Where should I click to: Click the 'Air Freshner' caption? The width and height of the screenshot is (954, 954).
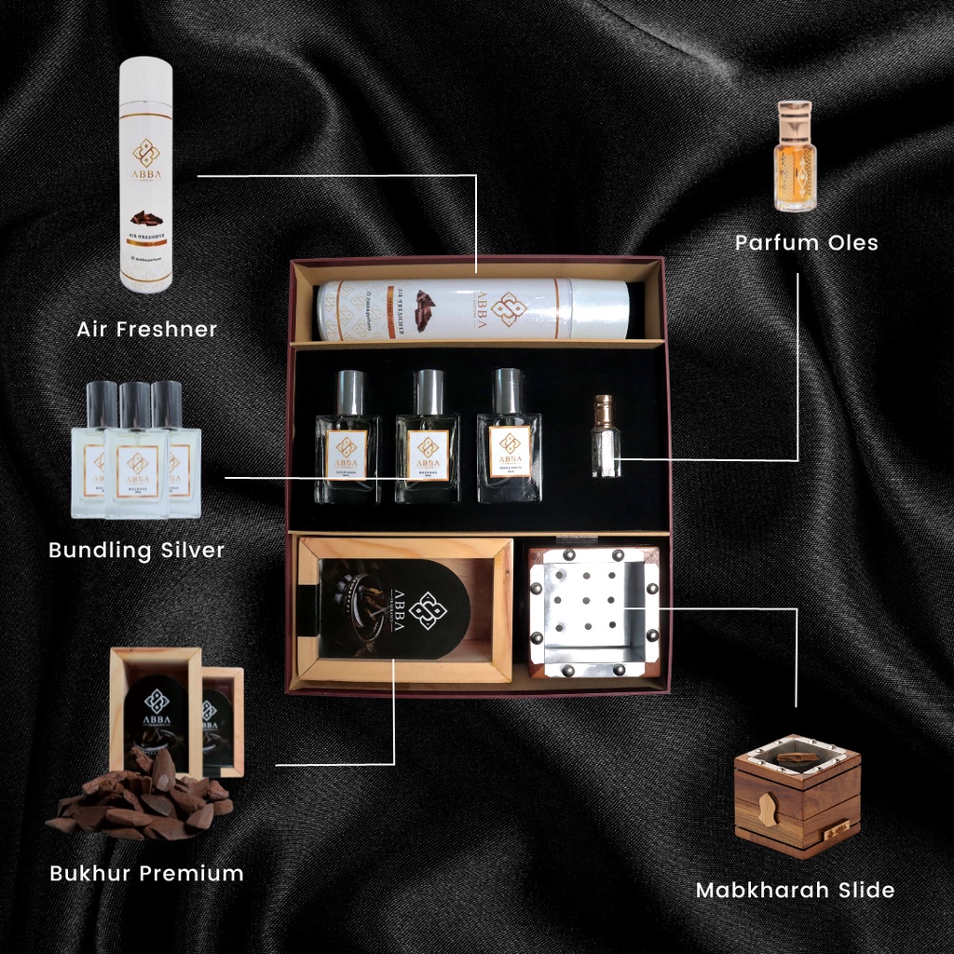[x=147, y=329]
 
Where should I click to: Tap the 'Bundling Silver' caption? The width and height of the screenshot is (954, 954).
[x=136, y=550]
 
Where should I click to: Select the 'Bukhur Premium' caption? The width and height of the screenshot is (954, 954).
[x=146, y=873]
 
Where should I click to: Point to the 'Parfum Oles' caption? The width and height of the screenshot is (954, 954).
[x=806, y=243]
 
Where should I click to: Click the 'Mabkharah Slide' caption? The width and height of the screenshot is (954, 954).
[x=795, y=890]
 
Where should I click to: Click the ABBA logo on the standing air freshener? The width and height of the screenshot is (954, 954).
[x=145, y=155]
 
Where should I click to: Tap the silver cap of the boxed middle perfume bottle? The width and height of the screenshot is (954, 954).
[x=429, y=390]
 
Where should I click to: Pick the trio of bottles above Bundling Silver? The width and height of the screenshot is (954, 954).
[x=136, y=451]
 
